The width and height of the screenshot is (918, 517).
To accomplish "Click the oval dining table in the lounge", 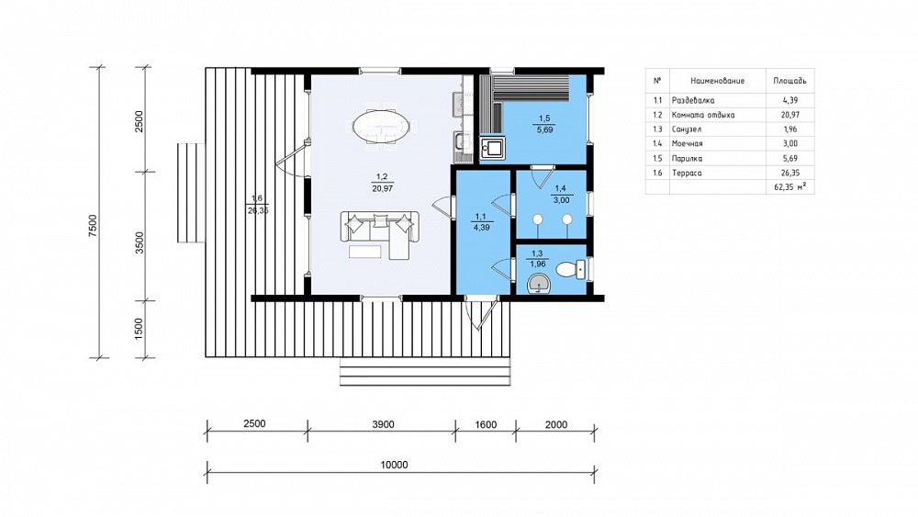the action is click(x=381, y=125).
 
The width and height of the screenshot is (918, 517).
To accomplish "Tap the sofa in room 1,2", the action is click(x=380, y=232).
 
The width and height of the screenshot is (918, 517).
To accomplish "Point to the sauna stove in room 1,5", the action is click(x=492, y=148).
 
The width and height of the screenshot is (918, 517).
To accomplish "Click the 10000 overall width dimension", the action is click(x=394, y=465).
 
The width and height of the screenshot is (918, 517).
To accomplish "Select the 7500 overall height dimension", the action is click(x=93, y=226).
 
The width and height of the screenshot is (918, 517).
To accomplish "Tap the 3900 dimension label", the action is click(x=383, y=424).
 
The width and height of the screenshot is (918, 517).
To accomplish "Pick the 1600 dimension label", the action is click(x=486, y=424).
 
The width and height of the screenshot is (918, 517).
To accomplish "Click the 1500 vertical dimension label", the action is click(x=139, y=329).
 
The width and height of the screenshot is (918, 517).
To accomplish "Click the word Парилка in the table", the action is click(x=687, y=158).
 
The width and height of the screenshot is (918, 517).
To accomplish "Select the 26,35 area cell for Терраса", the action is click(x=789, y=173).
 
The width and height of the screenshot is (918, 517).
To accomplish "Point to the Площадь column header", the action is click(x=789, y=81).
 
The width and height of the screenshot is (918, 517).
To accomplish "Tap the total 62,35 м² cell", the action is click(x=789, y=187).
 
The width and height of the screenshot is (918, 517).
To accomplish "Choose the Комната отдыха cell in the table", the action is click(x=702, y=115).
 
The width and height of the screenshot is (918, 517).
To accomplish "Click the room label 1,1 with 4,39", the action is click(x=481, y=222).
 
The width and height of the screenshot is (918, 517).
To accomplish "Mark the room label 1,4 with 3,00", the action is click(x=561, y=195).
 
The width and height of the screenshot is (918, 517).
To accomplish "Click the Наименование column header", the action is click(x=717, y=81).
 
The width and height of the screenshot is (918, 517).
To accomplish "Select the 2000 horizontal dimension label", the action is click(x=555, y=424).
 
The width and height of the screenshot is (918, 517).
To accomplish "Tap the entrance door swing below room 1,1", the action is click(x=481, y=314).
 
